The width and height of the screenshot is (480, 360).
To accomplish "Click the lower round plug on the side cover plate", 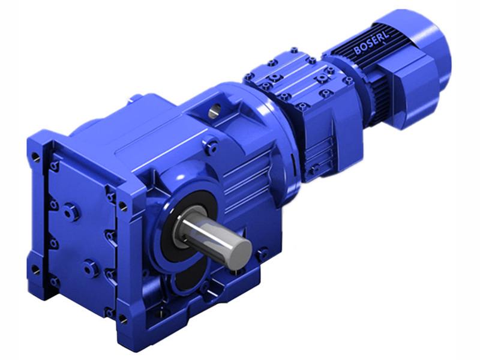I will (91, 268).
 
